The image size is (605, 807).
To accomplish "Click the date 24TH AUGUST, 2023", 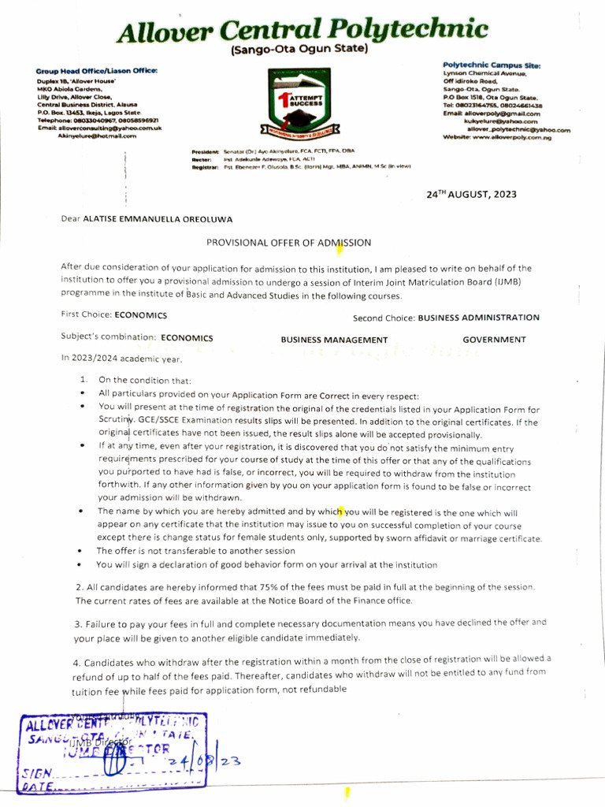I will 471,194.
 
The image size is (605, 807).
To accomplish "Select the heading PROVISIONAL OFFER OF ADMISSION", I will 288,243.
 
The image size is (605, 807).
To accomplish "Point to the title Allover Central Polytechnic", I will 302,31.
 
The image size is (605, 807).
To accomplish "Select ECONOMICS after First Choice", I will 140,315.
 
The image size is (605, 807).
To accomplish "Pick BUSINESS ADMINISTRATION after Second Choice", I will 478,318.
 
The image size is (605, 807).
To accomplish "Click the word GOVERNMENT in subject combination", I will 494,340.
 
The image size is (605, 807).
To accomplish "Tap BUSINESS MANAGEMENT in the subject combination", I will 334,340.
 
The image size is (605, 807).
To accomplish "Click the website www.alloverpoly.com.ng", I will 507,137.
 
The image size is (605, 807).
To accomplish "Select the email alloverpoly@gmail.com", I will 502,113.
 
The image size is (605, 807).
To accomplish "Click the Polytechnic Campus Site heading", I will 491,64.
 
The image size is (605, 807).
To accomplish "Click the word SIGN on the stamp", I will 39,775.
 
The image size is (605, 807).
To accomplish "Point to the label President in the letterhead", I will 205,151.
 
